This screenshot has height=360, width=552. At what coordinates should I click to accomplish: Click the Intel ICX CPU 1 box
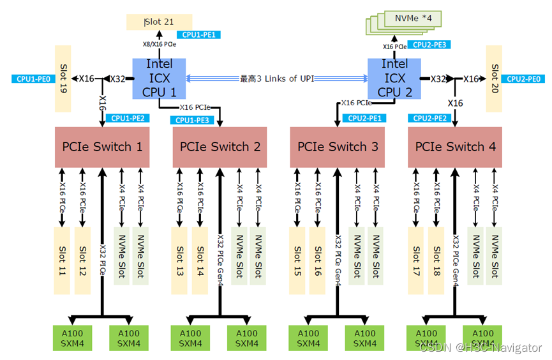[x=159, y=78]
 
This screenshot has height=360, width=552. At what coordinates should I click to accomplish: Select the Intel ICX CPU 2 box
[x=394, y=78]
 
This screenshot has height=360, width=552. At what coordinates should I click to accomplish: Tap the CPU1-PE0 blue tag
[x=31, y=79]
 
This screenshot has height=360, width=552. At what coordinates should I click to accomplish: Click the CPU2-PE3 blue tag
[x=430, y=45]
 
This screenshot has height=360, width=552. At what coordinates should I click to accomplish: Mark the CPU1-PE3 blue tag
[x=192, y=119]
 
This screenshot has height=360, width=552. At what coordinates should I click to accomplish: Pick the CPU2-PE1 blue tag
[x=365, y=118]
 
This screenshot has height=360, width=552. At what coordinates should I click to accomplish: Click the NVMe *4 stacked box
[x=415, y=20]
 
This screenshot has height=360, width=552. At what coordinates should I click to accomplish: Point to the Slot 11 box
[x=62, y=259]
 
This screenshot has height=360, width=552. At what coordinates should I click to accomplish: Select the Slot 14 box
[x=200, y=259]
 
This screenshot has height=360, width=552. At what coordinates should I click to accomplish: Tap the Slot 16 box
[x=317, y=259]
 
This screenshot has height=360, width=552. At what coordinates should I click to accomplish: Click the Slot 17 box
[x=416, y=259]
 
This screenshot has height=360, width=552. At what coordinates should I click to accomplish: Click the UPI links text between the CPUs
[x=277, y=79]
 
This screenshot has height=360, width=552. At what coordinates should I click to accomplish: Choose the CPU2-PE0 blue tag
[x=525, y=79]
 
